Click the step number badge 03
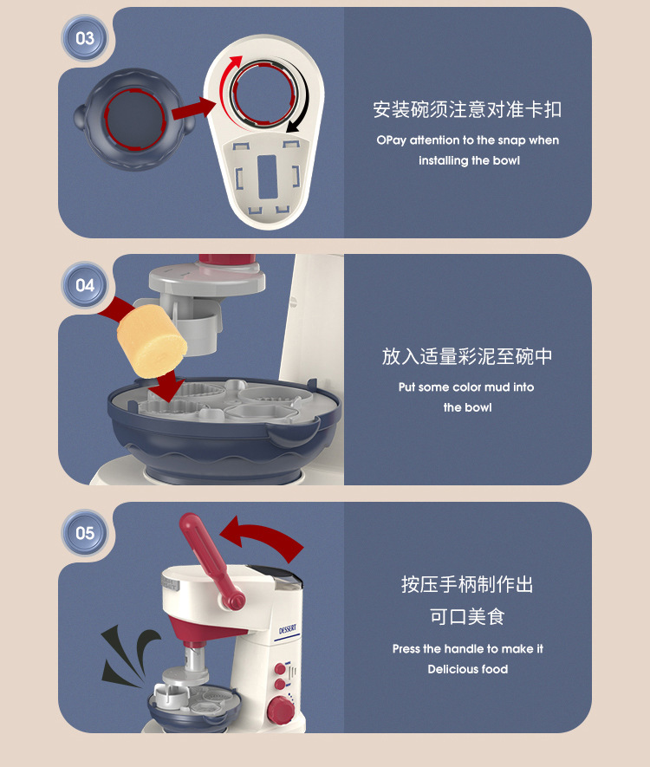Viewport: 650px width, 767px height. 85,38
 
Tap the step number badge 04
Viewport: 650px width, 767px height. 85,285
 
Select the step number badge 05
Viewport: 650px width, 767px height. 85,532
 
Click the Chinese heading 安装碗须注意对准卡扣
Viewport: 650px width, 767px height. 467,109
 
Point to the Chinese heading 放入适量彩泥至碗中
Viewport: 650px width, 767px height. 467,356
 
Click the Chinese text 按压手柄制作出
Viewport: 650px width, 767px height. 467,584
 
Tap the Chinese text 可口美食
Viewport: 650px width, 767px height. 467,616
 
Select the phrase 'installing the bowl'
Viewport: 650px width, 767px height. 469,161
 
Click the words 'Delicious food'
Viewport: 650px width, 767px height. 467,669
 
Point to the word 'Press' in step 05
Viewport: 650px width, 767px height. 406,649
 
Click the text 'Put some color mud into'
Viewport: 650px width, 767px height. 466,387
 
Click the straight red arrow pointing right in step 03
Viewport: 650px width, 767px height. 192,108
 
